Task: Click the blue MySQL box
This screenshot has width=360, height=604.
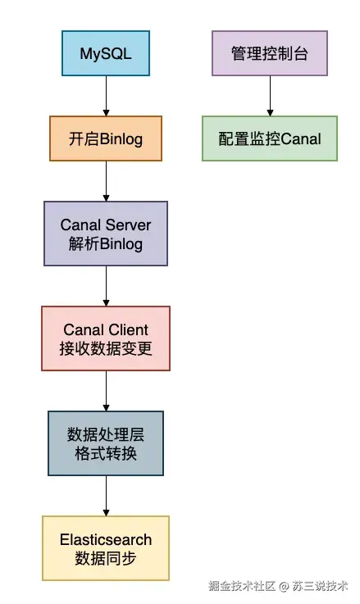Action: click(x=106, y=54)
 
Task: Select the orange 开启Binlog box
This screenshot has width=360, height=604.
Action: click(x=106, y=139)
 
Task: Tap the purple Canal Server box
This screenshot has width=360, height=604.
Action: click(x=106, y=234)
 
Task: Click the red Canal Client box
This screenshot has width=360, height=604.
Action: click(x=106, y=338)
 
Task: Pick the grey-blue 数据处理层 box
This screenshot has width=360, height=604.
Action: click(x=106, y=443)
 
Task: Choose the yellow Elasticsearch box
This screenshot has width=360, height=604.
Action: click(x=106, y=548)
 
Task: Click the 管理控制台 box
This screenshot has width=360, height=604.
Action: click(x=269, y=54)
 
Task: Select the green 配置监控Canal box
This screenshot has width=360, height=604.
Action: click(x=270, y=139)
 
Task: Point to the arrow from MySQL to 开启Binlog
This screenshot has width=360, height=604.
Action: click(x=106, y=96)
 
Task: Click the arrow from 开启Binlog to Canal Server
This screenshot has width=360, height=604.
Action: click(x=106, y=180)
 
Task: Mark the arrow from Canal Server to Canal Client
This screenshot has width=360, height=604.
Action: click(x=106, y=285)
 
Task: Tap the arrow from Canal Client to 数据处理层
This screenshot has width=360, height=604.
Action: click(x=106, y=390)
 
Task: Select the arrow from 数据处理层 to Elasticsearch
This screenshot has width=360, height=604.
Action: click(x=106, y=495)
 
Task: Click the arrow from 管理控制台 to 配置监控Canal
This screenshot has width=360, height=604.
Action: click(x=269, y=96)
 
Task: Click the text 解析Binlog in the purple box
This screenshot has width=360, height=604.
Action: click(x=106, y=244)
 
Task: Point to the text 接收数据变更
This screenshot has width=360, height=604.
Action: click(x=106, y=349)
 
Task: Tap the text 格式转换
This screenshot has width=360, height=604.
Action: click(x=106, y=454)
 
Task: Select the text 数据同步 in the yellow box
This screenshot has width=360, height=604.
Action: click(x=106, y=559)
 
